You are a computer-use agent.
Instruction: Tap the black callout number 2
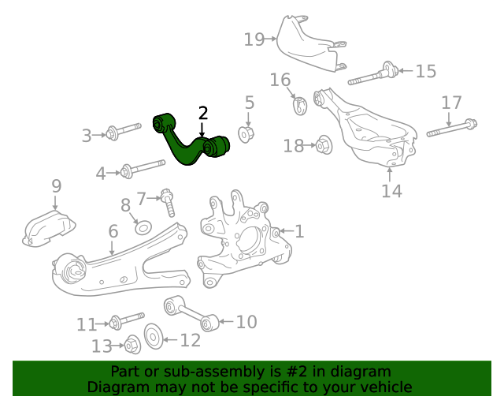pos(202,113)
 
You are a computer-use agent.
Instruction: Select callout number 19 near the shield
pos(254,39)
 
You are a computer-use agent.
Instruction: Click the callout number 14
pos(391,191)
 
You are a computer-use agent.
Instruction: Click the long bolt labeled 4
pos(142,168)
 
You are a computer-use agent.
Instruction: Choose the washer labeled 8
pos(143,228)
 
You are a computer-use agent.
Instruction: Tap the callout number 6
pos(113,231)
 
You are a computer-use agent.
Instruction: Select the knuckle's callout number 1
pos(298,231)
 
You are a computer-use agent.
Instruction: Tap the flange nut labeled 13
pos(132,345)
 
